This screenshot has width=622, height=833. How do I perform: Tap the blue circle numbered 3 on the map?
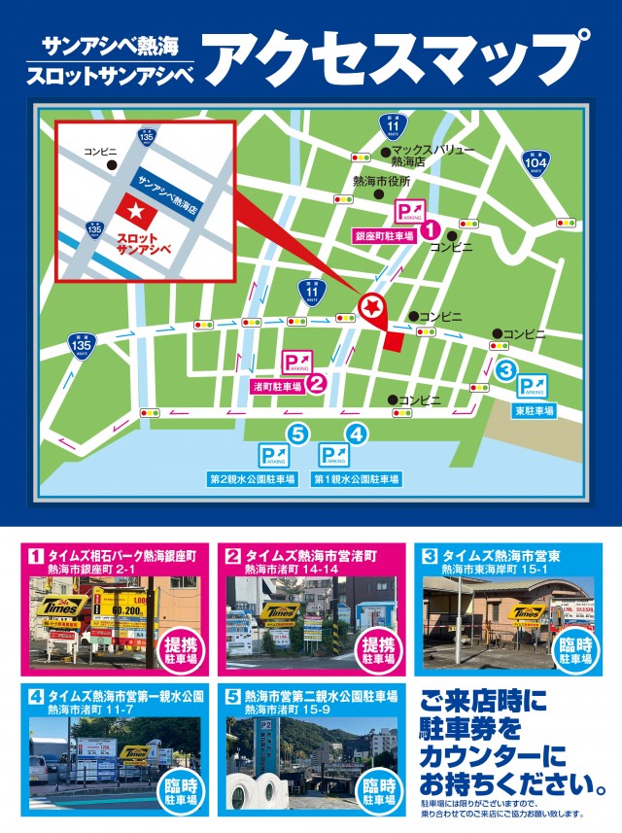(x=506, y=369)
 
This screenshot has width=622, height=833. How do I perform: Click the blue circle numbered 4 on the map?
(x=357, y=434)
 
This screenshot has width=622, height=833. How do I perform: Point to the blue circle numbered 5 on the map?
(x=297, y=434)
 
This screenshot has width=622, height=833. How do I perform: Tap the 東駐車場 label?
(x=535, y=411)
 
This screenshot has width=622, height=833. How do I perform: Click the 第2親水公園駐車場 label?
(x=251, y=479)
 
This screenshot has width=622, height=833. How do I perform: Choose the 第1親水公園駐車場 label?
(x=356, y=479)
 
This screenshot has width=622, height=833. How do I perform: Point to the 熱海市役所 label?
(x=381, y=181)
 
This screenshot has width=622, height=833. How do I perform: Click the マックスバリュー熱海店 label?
(x=432, y=156)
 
